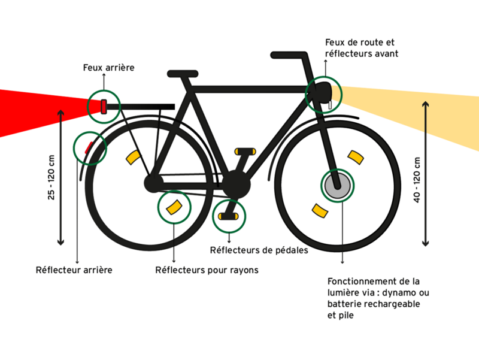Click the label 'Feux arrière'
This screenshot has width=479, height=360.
tap(108, 68)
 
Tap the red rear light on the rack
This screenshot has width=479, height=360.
tap(104, 107)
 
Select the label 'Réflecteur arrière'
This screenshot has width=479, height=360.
tap(74, 270)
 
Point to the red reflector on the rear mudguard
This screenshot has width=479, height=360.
tap(87, 147)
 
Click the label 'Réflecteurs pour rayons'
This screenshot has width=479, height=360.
tap(207, 270)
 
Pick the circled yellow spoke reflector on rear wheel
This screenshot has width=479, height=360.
tap(174, 207)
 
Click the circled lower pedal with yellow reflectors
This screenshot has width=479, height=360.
tap(229, 214)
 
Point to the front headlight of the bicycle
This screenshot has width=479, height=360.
tap(324, 93)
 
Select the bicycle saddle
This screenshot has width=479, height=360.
tap(182, 74)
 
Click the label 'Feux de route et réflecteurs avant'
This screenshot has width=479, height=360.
tap(361, 49)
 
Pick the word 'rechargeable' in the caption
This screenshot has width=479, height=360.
tap(395, 304)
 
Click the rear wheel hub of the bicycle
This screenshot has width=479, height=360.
tap(153, 182)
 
